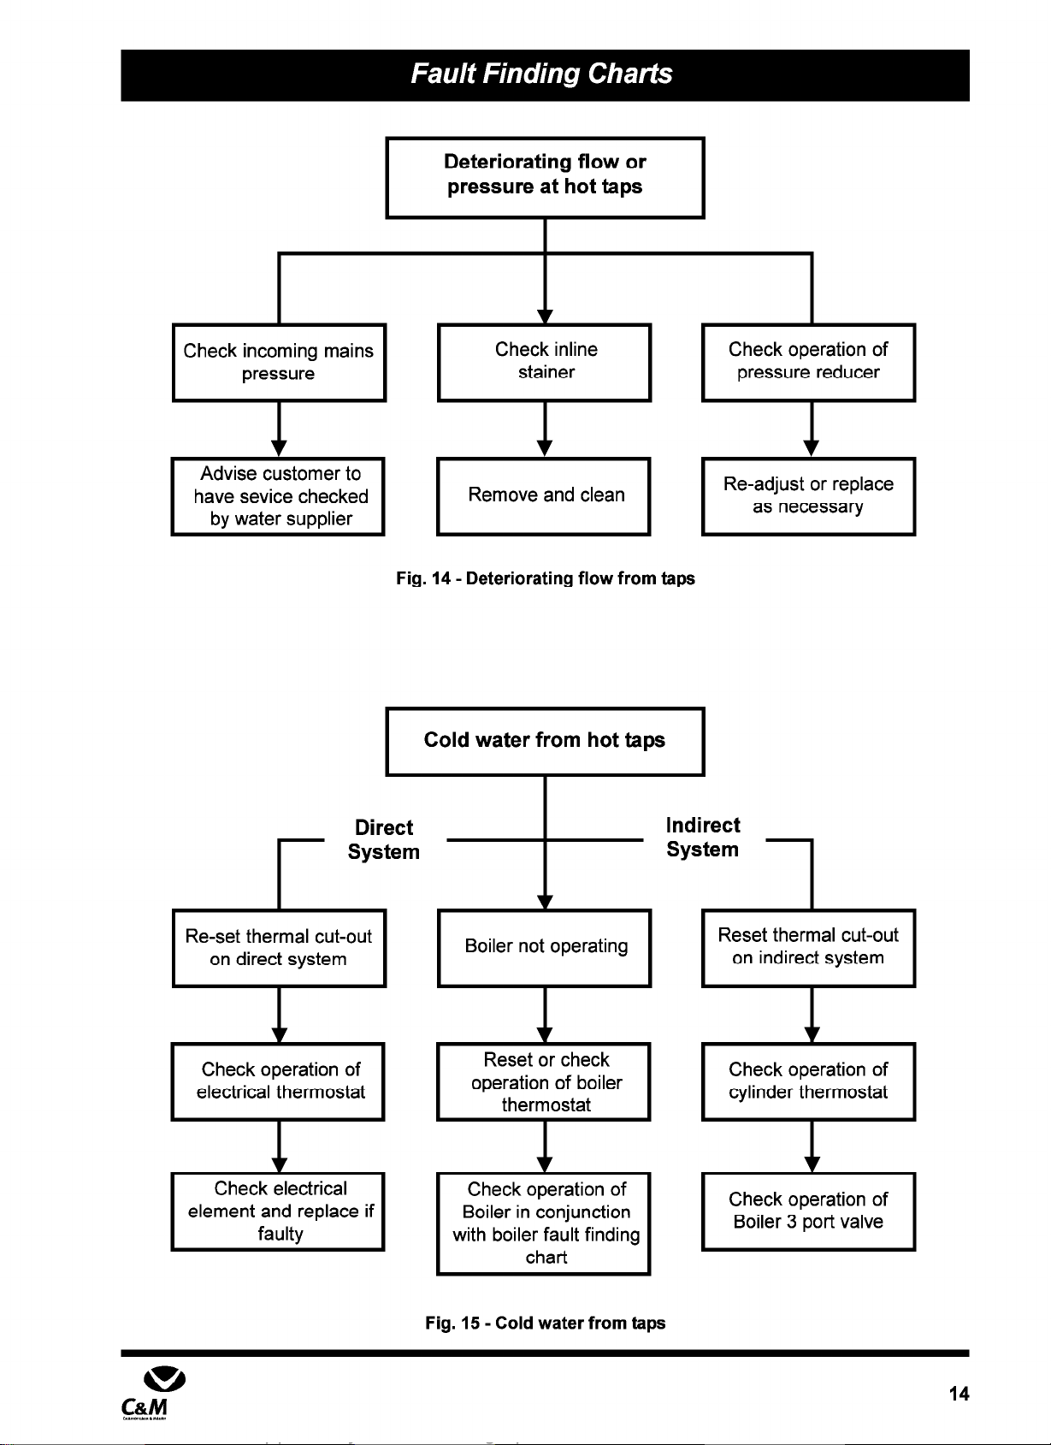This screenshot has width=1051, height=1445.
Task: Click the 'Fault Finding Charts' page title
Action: coord(541,74)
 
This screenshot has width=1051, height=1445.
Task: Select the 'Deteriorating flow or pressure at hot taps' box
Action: coord(545,178)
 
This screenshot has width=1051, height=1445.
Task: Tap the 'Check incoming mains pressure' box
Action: coord(279,363)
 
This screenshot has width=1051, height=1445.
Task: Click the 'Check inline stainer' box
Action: coord(544,363)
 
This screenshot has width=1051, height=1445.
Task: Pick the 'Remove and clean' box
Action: coord(544,496)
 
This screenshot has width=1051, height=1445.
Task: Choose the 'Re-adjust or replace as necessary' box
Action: coord(809,496)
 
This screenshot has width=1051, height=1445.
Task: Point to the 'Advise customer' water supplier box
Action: coord(278,496)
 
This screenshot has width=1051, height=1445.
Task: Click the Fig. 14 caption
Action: coord(546,578)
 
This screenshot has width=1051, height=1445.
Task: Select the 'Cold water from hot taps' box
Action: coord(545,741)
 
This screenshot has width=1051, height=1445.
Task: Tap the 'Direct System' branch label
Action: coord(384,839)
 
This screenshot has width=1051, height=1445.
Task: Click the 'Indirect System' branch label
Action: coord(703,838)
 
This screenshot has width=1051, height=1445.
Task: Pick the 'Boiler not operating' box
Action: coord(544,948)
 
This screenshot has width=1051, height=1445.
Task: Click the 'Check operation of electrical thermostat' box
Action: coord(278,1081)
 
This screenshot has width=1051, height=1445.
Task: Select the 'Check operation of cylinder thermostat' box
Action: coord(809,1081)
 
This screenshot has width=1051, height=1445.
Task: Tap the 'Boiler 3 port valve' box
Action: coord(809,1211)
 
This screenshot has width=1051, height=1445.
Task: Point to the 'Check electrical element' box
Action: coord(278,1211)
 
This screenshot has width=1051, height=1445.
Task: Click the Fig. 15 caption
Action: coord(546,1323)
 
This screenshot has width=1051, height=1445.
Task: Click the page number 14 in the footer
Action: coord(959,1394)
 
